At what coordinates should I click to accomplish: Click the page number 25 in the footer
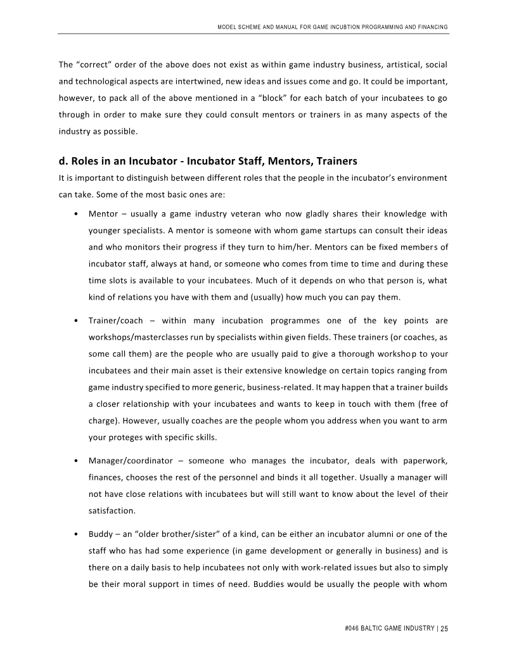click(x=444, y=629)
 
